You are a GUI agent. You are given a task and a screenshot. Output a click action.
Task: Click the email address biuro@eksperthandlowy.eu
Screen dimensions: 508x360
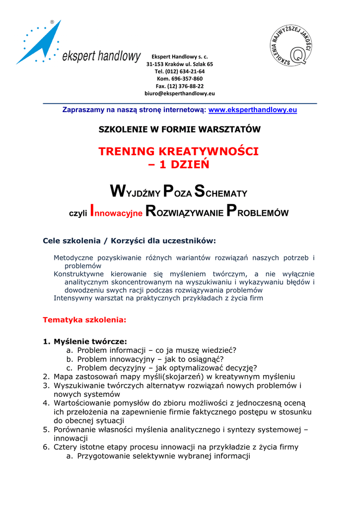[179, 93]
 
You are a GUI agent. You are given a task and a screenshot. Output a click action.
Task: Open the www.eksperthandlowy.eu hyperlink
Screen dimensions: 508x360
[252, 110]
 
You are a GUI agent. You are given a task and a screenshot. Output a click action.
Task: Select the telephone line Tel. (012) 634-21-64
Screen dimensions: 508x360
[180, 71]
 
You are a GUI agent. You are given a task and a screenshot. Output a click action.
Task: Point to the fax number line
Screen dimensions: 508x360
[180, 86]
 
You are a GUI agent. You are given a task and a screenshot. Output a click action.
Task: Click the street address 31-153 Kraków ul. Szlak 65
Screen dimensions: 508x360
[180, 64]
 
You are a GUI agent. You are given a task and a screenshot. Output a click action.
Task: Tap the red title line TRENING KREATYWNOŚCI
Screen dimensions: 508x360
[179, 151]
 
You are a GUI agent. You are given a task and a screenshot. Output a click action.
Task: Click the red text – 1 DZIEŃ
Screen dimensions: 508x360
[179, 164]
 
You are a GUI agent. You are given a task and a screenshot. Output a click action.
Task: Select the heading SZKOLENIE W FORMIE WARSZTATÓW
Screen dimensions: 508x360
[180, 129]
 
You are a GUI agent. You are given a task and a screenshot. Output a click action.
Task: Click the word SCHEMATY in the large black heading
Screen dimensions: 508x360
[220, 191]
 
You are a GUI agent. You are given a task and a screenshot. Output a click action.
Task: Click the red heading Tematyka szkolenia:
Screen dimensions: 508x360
[84, 320]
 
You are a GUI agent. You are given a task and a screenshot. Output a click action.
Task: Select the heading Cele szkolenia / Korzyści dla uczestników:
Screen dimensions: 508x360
[130, 241]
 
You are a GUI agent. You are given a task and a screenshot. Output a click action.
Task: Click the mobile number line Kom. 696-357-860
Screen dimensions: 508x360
[180, 78]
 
